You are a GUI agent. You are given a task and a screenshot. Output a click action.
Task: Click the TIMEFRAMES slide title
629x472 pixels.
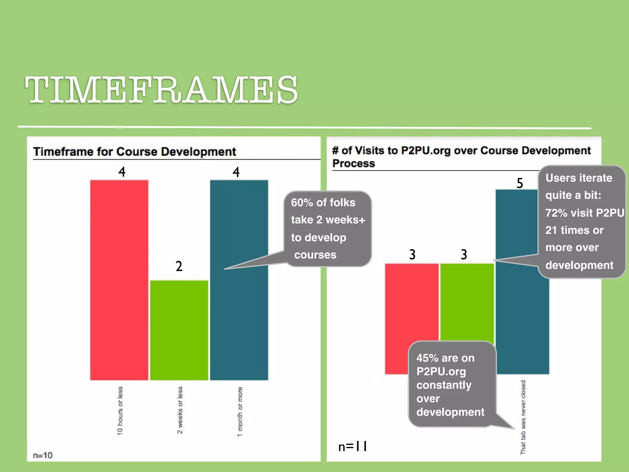pos(161,90)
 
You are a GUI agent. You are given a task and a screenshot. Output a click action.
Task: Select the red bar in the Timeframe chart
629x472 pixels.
pos(119,280)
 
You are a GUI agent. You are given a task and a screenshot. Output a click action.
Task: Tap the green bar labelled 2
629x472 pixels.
pos(179,330)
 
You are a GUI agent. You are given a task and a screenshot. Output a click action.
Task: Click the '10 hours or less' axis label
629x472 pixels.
pos(120,411)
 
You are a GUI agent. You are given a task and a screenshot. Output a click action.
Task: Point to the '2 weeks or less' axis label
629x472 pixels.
pos(180,410)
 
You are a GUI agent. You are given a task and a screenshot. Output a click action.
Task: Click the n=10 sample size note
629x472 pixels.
pos(43,455)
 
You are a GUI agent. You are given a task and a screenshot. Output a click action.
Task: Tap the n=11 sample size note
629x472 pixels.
pos(353,446)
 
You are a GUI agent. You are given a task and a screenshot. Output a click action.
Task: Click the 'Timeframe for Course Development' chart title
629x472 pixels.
pos(135,151)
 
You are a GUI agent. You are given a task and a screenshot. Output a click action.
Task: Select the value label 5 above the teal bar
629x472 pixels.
pos(520,183)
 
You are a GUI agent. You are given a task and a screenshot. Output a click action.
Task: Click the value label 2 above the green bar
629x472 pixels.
pos(179,266)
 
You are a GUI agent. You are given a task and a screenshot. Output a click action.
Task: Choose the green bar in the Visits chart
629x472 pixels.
pos(467,301)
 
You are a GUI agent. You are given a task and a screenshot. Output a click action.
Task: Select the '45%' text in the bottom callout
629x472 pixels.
pos(427,358)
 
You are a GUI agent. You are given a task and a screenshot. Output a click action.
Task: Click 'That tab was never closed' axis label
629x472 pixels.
pos(523,417)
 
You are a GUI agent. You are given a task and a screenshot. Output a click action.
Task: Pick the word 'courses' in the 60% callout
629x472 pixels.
pos(315,255)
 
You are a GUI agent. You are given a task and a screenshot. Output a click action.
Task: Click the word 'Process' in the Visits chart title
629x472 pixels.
pos(354,163)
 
